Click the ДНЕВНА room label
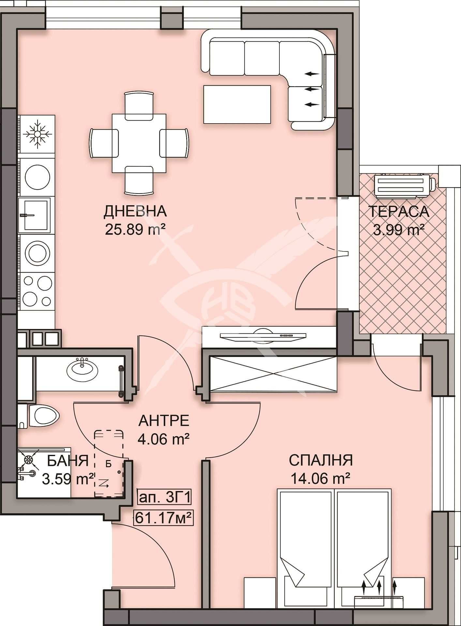coord(135,211)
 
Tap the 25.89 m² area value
coord(135,230)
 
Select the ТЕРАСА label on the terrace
coord(398,212)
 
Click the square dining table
coord(139,143)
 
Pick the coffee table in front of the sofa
coord(237,104)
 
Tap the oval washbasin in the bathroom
coord(82,369)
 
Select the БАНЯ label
coord(68,461)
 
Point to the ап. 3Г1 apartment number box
coord(164,498)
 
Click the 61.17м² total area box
coord(163,517)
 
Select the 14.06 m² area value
coord(320,479)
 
